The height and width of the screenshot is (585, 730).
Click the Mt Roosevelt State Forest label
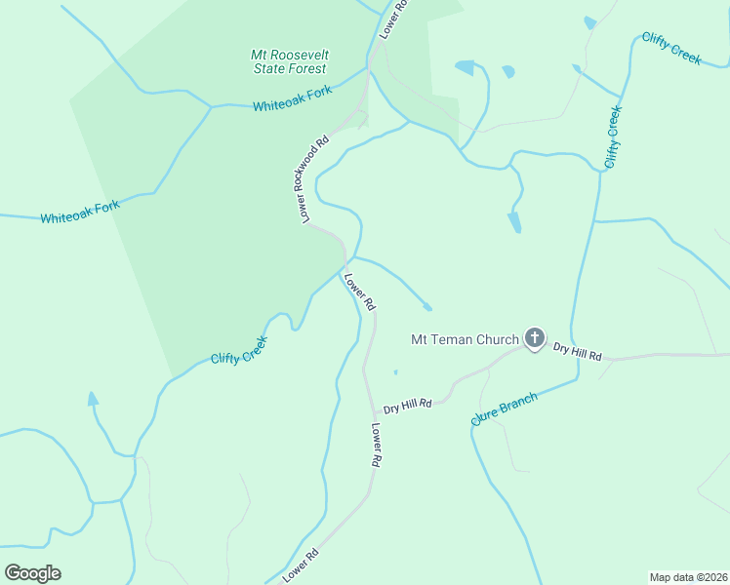(x=289, y=62)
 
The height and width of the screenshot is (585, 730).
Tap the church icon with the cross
(x=534, y=338)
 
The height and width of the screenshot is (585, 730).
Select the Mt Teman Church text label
(x=465, y=339)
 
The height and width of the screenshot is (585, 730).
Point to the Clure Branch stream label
(x=504, y=408)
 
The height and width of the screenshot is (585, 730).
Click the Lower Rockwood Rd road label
(x=311, y=179)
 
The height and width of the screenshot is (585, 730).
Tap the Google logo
(x=32, y=573)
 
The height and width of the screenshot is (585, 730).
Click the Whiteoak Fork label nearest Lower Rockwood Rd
(x=292, y=98)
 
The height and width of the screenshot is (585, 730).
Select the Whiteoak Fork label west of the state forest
(x=80, y=212)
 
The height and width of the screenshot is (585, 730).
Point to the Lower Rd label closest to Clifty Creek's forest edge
(x=359, y=292)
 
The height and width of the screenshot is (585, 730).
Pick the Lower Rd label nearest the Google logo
(x=302, y=566)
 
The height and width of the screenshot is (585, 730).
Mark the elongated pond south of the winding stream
(x=513, y=222)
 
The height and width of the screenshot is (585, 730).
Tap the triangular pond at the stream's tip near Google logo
(x=93, y=399)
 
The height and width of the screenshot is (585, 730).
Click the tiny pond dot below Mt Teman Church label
(x=395, y=371)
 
